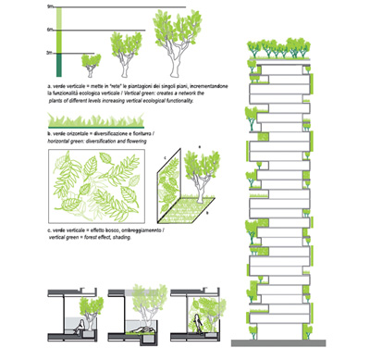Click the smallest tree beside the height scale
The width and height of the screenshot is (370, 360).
(x=91, y=64)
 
